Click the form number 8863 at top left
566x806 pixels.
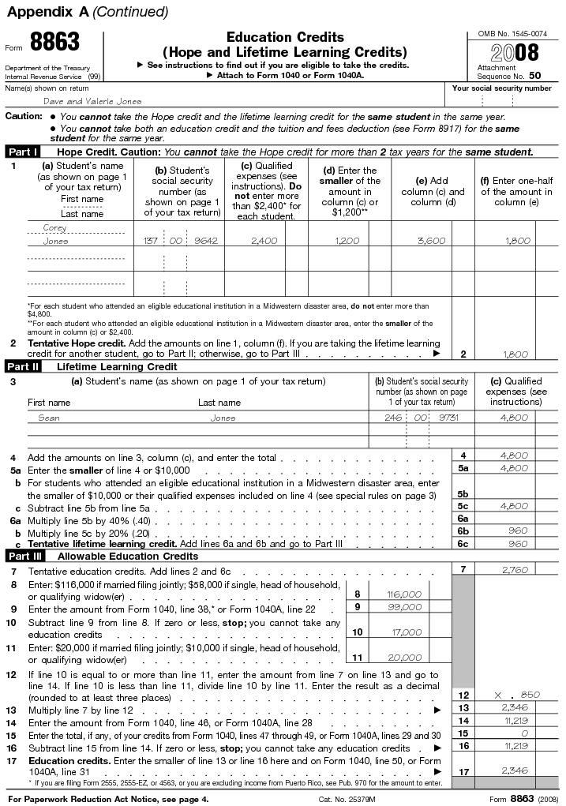pos(54,45)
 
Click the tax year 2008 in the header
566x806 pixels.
pos(515,54)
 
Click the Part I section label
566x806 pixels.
pos(24,152)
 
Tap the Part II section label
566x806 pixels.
pos(24,366)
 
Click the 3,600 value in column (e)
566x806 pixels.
pos(431,241)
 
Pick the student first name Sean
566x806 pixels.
pos(49,418)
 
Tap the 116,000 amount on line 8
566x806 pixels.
pos(404,594)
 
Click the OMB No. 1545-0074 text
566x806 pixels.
pos(512,33)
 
